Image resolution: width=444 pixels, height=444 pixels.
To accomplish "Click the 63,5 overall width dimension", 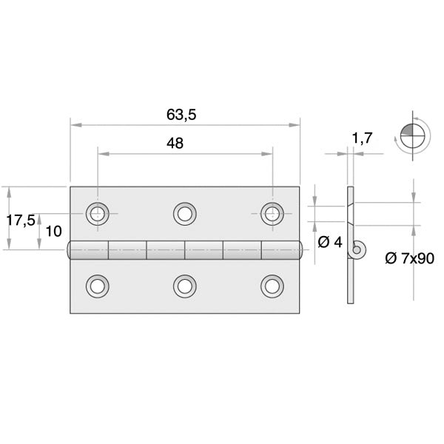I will pyautogui.click(x=185, y=115).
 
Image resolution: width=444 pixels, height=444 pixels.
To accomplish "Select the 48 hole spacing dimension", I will pyautogui.click(x=175, y=144).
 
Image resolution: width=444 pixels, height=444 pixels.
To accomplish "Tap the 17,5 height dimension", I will pyautogui.click(x=21, y=220).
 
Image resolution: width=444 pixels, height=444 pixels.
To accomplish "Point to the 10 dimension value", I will pyautogui.click(x=53, y=231).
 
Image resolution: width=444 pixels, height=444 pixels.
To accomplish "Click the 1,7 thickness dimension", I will pyautogui.click(x=363, y=138).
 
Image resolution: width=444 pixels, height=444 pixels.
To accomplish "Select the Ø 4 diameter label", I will pyautogui.click(x=329, y=242).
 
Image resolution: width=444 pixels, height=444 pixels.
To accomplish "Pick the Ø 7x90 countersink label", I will pyautogui.click(x=409, y=258).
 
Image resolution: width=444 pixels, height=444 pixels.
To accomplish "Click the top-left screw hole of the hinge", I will pyautogui.click(x=97, y=214).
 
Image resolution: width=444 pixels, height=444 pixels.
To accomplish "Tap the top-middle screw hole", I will pyautogui.click(x=185, y=214).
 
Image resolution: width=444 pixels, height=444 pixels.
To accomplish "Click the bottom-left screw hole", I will pyautogui.click(x=97, y=286).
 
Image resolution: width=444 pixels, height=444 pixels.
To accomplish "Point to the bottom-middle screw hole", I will pyautogui.click(x=185, y=286).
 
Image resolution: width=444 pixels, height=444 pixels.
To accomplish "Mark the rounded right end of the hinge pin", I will pyautogui.click(x=301, y=250).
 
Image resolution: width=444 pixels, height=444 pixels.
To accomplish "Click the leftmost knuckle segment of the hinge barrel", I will pyautogui.click(x=90, y=250).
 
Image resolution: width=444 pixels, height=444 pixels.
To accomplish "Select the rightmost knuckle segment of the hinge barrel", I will pyautogui.click(x=280, y=250).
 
